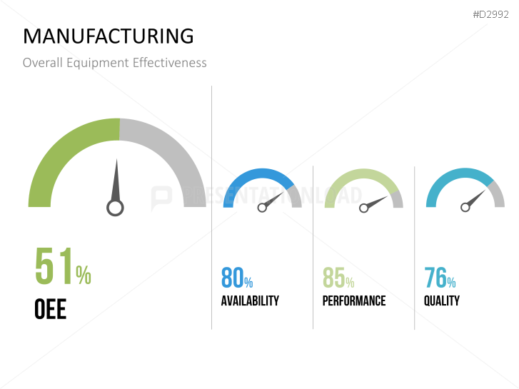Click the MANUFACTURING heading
point(108,36)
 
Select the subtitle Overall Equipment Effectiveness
point(114,63)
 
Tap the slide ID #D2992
point(490,14)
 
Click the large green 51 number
point(54,266)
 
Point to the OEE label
point(50,309)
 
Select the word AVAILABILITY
point(250,300)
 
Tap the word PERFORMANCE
point(354,300)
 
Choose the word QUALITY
point(442,300)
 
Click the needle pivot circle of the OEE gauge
point(115,208)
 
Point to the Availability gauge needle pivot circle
point(262,208)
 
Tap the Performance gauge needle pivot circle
point(364,208)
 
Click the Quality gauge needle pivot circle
point(465,207)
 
